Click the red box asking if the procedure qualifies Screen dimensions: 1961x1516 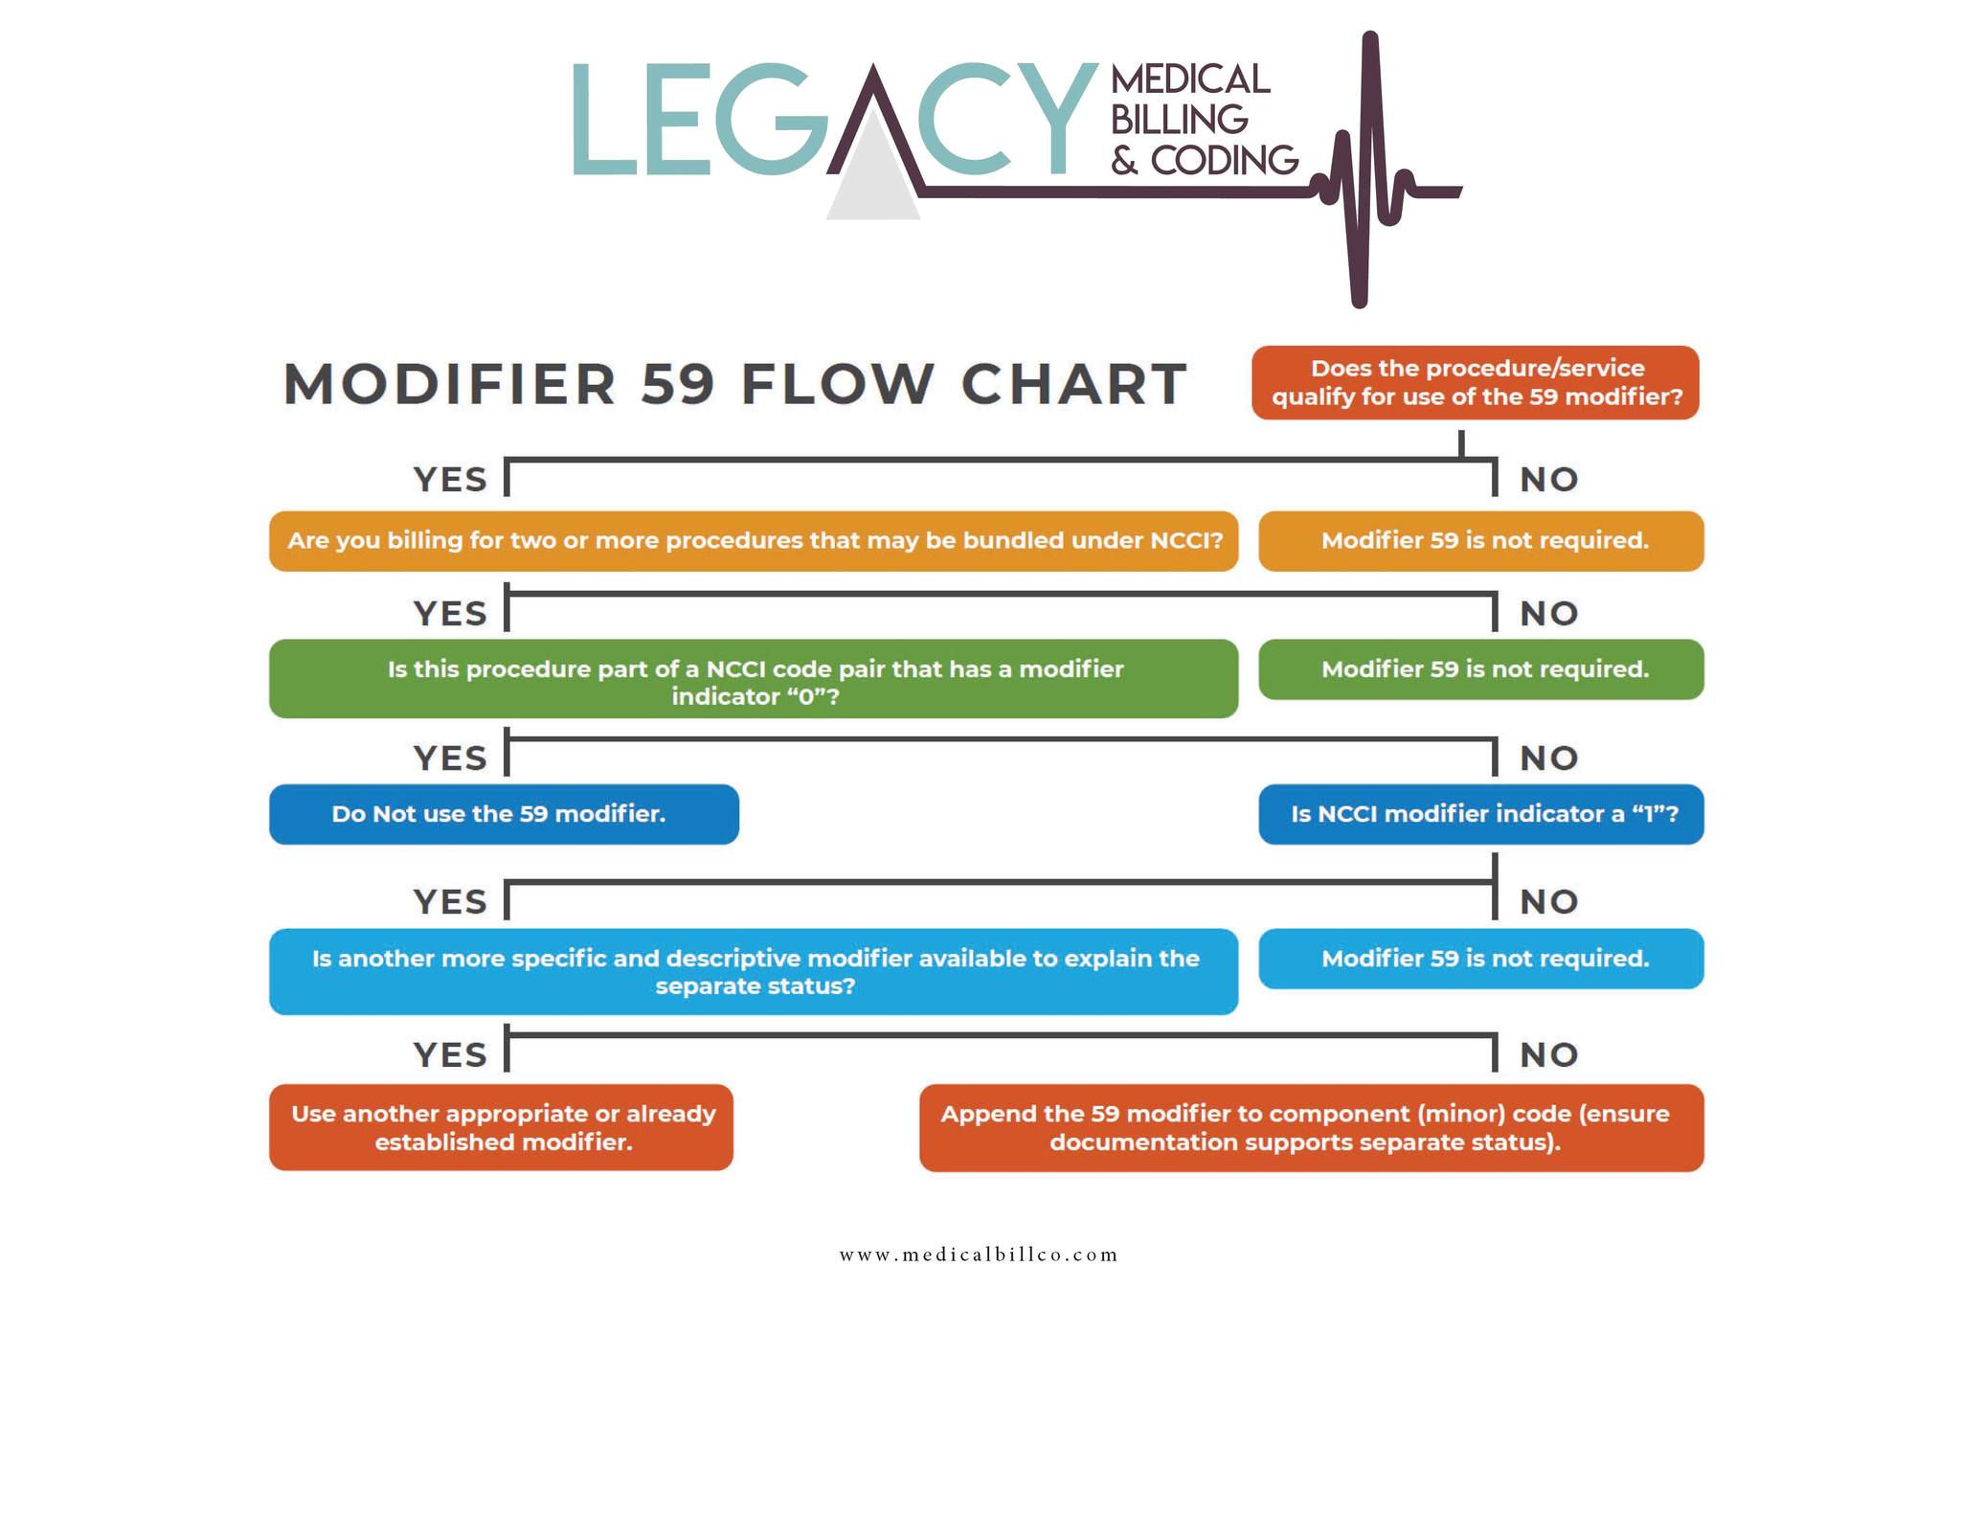pos(1475,382)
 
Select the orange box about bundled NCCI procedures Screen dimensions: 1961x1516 pos(754,541)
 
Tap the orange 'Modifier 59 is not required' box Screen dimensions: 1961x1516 pos(1481,541)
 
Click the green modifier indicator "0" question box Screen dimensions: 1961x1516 pos(754,679)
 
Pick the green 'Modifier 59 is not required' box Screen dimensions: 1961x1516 pos(1481,669)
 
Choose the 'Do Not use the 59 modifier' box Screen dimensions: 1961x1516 pos(504,814)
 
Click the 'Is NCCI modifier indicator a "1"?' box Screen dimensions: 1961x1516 pos(1481,814)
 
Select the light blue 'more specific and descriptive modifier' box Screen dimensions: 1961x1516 pos(754,972)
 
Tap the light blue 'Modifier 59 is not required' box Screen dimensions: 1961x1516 pos(1481,959)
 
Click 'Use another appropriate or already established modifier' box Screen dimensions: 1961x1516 pos(501,1127)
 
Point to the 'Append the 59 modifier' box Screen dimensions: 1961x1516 pos(1312,1128)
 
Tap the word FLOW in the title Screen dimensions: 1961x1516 pos(837,384)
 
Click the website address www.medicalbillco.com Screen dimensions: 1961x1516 pos(979,1255)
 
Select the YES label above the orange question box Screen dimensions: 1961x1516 pos(450,479)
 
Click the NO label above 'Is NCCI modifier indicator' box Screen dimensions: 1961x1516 pos(1549,758)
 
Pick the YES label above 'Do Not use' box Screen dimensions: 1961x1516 pos(450,758)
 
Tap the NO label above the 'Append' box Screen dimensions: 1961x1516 pos(1549,1054)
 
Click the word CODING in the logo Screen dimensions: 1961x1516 pos(1224,161)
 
